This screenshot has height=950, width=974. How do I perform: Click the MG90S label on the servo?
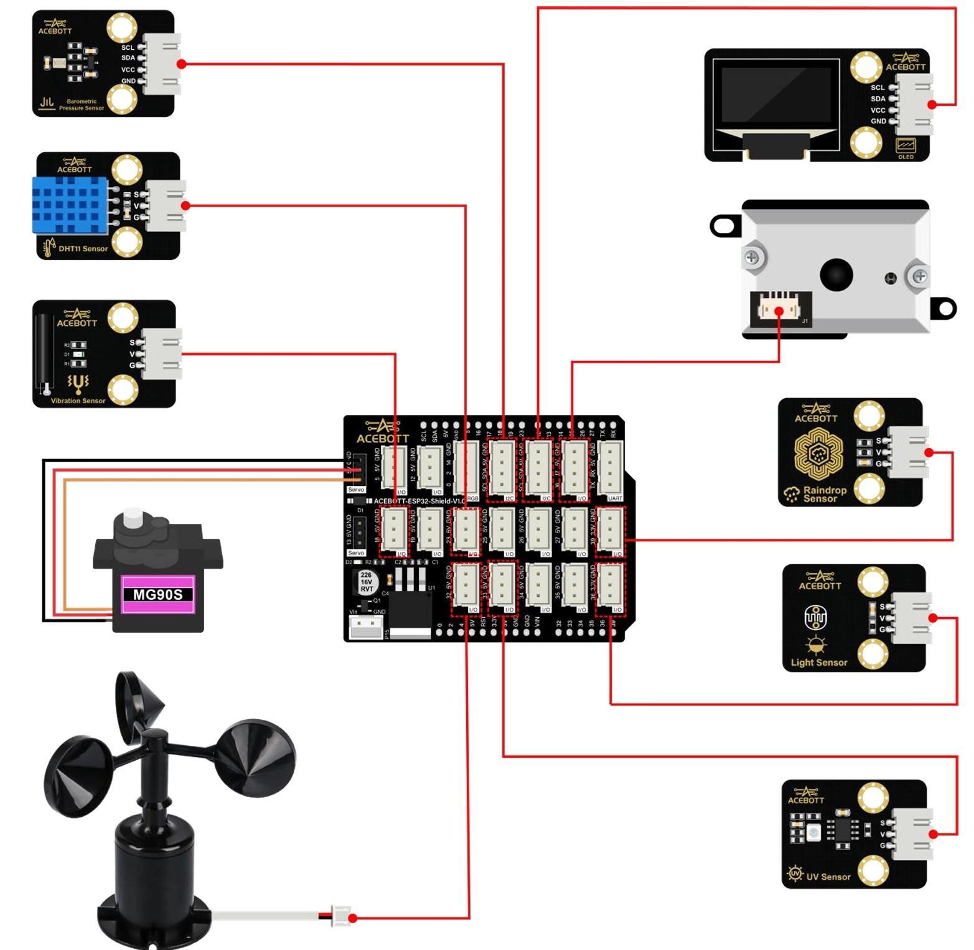point(158,594)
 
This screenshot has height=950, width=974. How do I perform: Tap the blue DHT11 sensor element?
point(70,204)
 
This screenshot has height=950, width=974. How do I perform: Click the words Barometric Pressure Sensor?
point(81,105)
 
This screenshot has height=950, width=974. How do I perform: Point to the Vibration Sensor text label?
point(78,401)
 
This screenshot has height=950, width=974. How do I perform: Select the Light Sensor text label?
point(818,663)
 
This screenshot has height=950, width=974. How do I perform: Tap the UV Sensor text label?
point(828,877)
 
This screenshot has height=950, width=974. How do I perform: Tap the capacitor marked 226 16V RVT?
point(366,582)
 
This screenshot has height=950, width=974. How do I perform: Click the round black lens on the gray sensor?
point(836,274)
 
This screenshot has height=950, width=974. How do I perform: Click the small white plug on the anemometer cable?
point(342,916)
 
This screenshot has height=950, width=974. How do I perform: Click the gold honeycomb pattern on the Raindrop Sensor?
point(818,452)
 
